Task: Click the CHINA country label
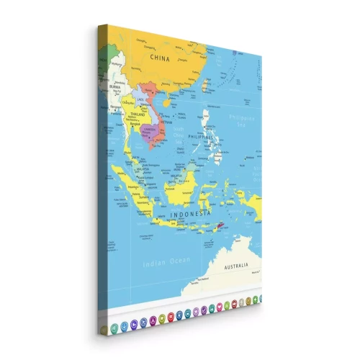click(159, 56)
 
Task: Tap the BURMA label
click(114, 86)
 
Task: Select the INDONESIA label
click(190, 215)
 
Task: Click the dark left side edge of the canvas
click(103, 180)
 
